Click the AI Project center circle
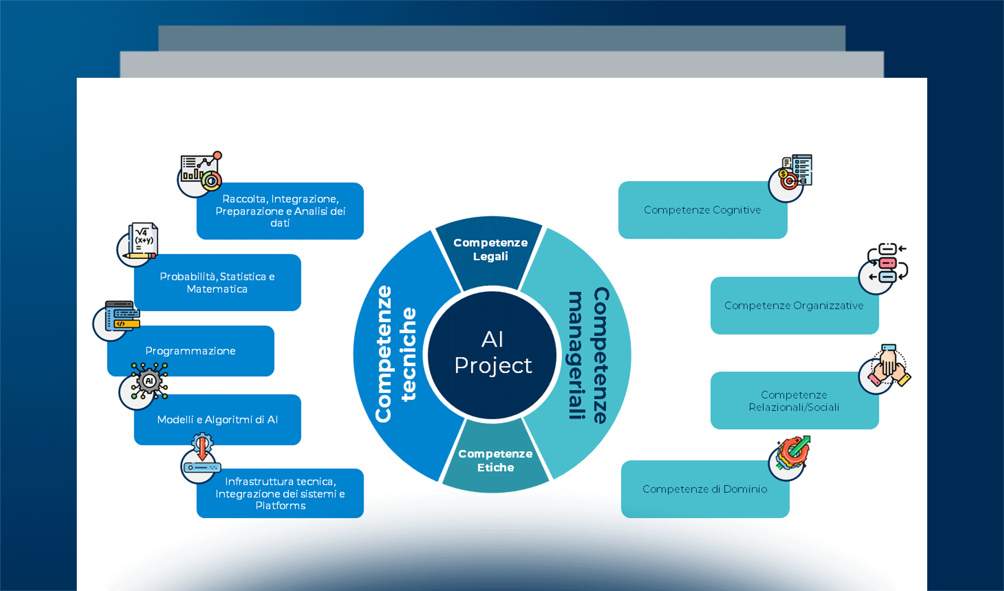492,354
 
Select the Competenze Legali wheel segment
490,250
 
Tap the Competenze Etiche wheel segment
495,460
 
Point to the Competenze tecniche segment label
395,354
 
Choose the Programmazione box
190,351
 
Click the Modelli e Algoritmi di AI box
217,420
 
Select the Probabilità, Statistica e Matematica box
217,283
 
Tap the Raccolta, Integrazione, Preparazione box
280,211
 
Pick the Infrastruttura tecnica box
280,493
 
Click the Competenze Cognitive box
702,210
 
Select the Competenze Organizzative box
794,306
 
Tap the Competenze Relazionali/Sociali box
794,401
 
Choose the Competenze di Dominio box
705,489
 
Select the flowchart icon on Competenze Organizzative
886,263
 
